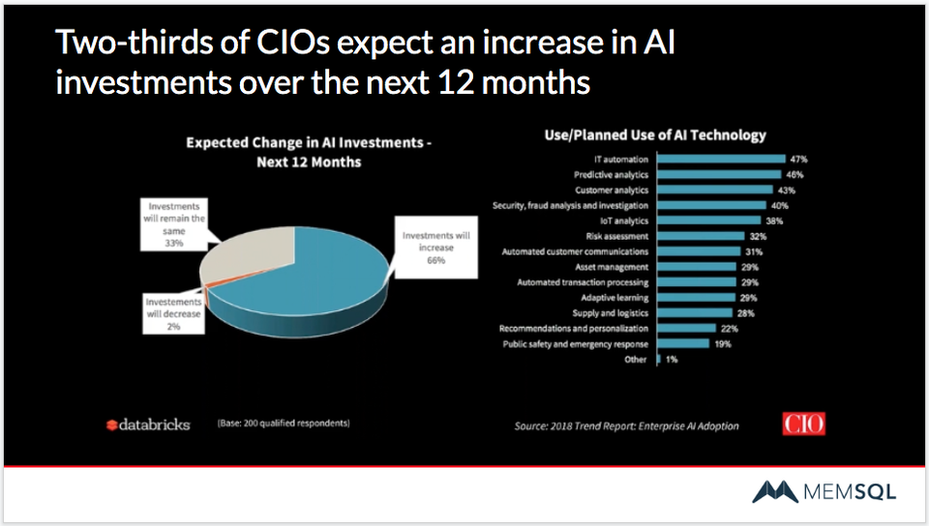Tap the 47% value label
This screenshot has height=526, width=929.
click(x=799, y=159)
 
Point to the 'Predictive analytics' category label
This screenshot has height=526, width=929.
click(x=614, y=174)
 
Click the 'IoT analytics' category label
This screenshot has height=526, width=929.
click(x=625, y=220)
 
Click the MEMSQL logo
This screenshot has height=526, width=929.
click(x=824, y=492)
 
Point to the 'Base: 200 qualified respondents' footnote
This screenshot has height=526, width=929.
click(x=277, y=424)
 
